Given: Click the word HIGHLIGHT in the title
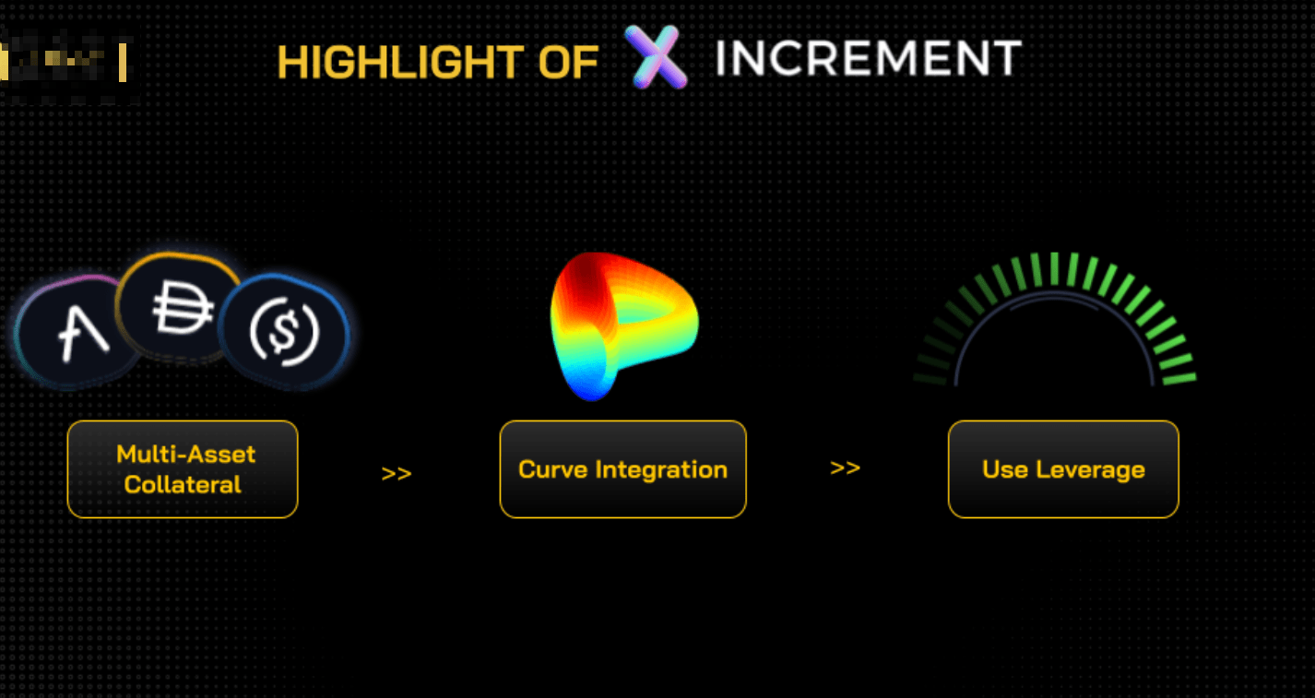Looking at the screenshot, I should [x=396, y=63].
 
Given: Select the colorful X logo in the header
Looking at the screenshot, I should [x=656, y=57].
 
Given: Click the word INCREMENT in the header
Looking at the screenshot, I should [x=868, y=59].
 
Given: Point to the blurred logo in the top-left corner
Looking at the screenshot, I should [x=65, y=63].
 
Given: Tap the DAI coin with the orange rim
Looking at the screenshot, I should [x=180, y=306].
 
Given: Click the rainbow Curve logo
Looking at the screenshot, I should [x=621, y=325].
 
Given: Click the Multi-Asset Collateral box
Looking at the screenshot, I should [x=183, y=468].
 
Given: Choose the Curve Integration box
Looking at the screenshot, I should [x=622, y=468].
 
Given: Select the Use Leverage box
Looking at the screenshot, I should [x=1063, y=468].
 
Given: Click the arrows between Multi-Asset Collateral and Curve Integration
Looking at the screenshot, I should [x=397, y=474].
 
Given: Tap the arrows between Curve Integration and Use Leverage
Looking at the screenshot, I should [x=845, y=467].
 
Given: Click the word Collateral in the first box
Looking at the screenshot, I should [x=183, y=484].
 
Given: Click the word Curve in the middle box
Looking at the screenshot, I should [x=553, y=469].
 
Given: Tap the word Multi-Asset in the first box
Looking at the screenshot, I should [x=185, y=454].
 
